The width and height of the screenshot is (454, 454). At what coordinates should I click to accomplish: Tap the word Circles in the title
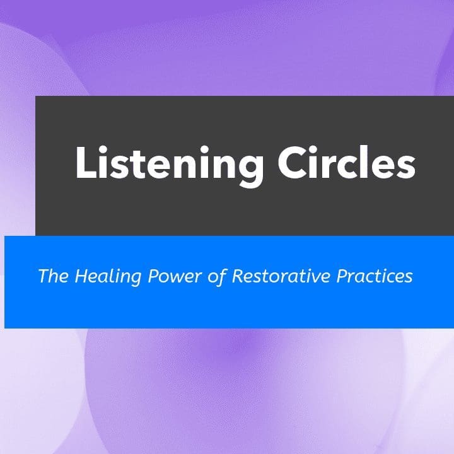(346, 163)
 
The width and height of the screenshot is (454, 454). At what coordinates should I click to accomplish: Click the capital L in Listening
(85, 163)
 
